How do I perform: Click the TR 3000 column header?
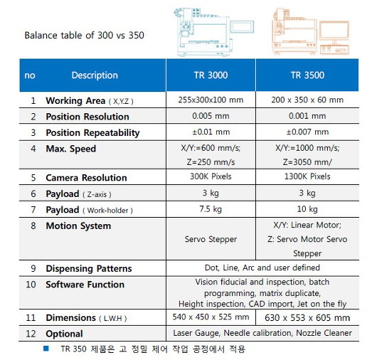tap(211, 75)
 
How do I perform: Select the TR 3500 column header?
tap(307, 75)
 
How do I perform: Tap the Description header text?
tap(95, 75)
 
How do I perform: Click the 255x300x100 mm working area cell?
tap(211, 100)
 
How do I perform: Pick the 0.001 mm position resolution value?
tap(307, 116)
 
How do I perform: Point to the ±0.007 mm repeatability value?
tap(307, 132)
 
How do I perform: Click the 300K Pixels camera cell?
tap(211, 176)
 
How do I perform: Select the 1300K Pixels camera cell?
tap(307, 176)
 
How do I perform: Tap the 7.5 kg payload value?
tap(211, 209)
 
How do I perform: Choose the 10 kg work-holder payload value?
tap(307, 209)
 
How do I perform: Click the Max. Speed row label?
tap(71, 149)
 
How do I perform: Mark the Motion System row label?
tap(78, 226)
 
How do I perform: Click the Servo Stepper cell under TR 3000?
tap(211, 239)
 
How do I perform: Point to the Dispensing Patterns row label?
tap(89, 268)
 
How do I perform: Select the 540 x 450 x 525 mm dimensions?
tap(211, 317)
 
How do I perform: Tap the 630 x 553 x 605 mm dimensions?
tap(307, 318)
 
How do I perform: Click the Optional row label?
tap(64, 334)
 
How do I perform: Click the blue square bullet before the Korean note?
tap(46, 348)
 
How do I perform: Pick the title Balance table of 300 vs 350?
tap(84, 36)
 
